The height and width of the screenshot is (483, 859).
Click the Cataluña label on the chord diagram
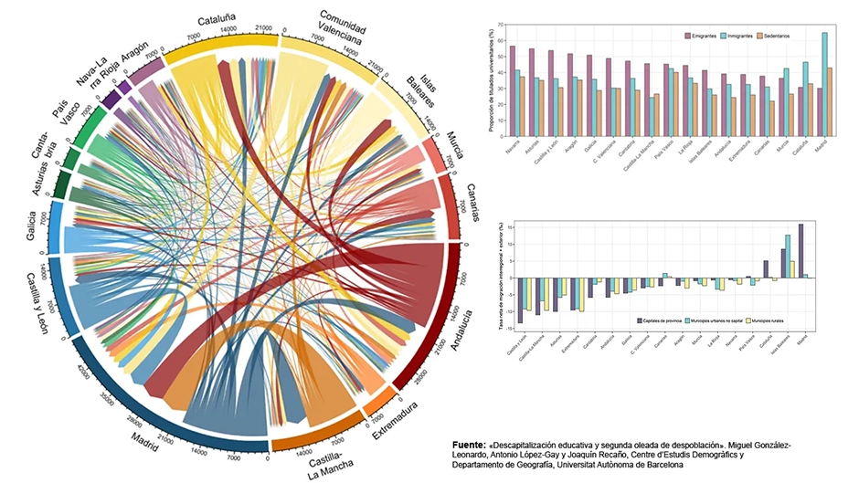232,18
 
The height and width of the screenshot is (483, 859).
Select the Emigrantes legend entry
704,35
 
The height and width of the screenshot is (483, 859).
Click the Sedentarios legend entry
792,35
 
